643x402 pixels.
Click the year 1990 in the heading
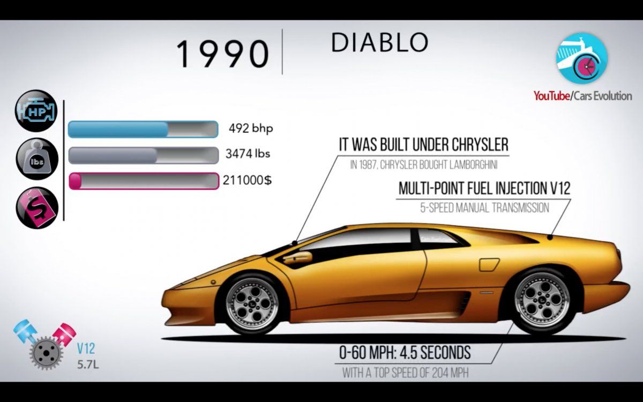222,54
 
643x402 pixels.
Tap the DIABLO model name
380,42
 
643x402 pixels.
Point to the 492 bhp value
251,128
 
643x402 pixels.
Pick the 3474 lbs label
248,154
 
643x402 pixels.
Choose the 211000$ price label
247,180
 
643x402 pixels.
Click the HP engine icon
36,111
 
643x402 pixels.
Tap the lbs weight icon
37,159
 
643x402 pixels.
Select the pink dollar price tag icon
37,207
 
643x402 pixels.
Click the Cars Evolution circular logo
582,58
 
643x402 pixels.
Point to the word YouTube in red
552,96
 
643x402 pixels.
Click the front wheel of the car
252,303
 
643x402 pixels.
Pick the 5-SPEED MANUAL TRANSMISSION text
484,207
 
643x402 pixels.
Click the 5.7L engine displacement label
87,364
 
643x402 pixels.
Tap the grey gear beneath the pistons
46,353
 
